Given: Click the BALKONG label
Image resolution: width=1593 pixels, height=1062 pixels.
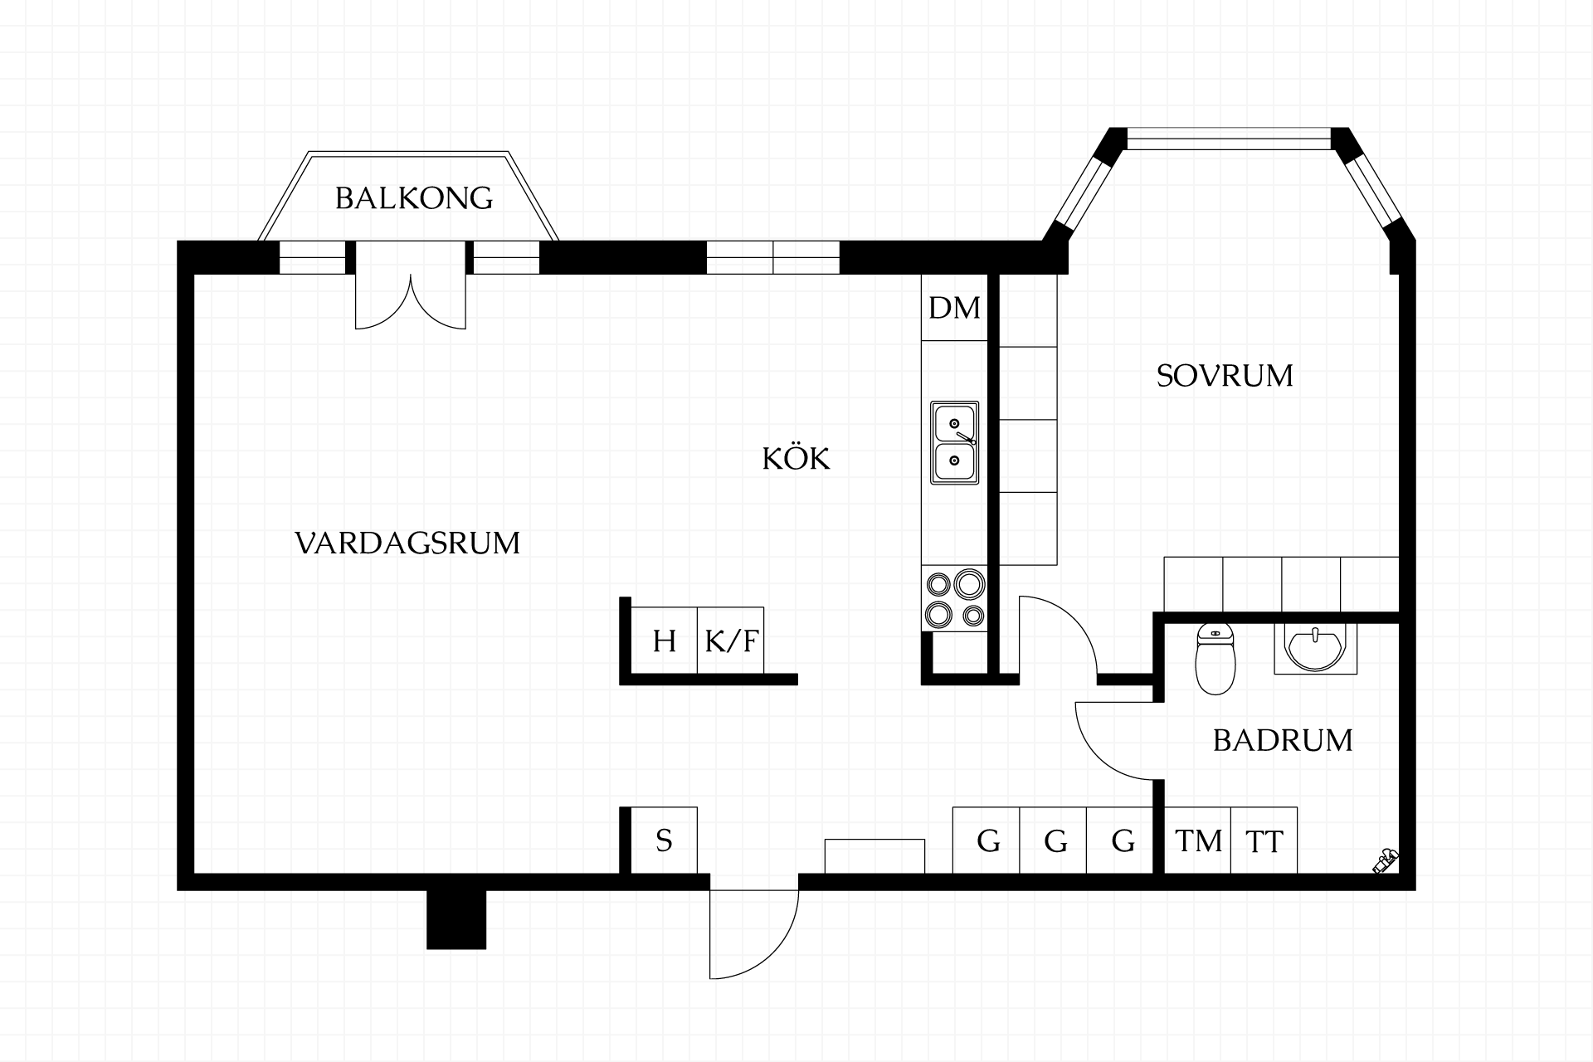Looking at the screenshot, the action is [x=414, y=198].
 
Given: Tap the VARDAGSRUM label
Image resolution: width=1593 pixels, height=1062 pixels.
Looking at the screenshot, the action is [x=407, y=543].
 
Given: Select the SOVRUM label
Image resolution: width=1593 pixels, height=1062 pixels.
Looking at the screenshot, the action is [x=1225, y=376].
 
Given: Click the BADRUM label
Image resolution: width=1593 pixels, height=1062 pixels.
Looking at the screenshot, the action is [x=1283, y=740].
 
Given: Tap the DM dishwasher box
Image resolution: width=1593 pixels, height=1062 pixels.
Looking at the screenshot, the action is [x=954, y=307].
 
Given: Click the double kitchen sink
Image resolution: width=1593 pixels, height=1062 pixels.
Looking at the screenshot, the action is [x=954, y=443].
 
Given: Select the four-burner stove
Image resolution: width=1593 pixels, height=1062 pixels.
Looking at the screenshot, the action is [x=954, y=599].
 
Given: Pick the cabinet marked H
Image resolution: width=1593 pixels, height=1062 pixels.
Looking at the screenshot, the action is [x=664, y=641].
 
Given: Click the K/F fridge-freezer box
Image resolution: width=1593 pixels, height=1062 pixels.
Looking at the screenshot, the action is [x=731, y=641].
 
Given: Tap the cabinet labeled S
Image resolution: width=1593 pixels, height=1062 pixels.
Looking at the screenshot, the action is [x=664, y=840].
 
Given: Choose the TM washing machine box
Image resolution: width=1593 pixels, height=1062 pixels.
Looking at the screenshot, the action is [x=1198, y=840].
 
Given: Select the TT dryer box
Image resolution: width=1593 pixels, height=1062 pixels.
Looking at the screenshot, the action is [x=1264, y=840].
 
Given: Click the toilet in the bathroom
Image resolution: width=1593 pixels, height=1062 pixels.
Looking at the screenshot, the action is [x=1215, y=659].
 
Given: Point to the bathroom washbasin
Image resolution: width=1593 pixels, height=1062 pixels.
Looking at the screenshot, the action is [x=1315, y=650].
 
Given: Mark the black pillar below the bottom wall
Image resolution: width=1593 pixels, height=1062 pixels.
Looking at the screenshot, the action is [x=456, y=919].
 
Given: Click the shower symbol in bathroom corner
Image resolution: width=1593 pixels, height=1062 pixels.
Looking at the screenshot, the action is [x=1385, y=861].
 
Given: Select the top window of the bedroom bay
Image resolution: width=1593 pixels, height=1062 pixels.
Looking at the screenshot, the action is [x=1229, y=139].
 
